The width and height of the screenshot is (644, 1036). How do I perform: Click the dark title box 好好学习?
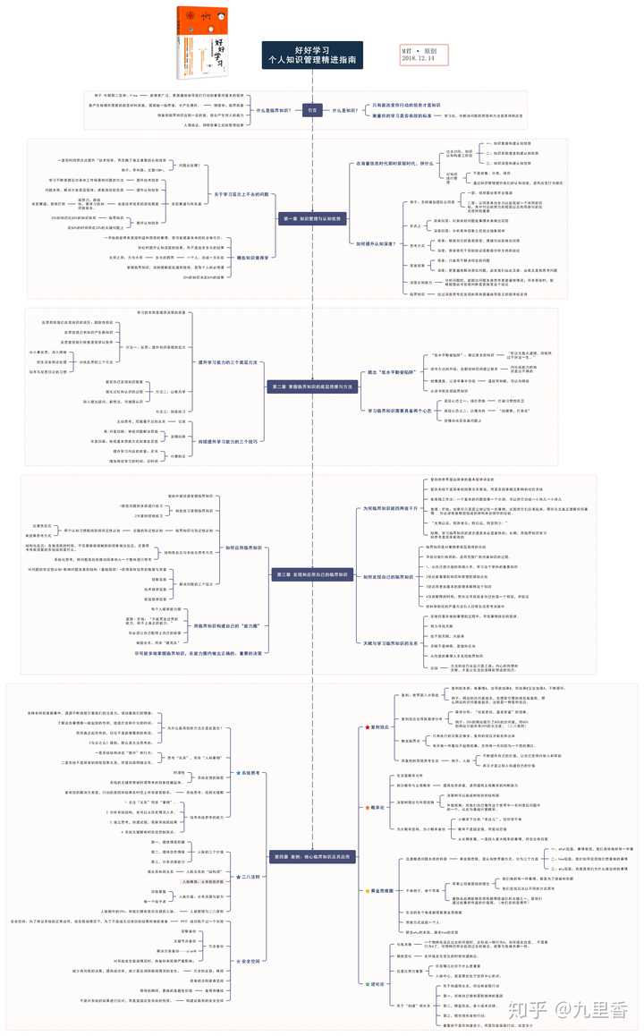[312, 55]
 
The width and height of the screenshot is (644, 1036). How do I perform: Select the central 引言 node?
[312, 110]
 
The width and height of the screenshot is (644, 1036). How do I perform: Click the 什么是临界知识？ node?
[273, 110]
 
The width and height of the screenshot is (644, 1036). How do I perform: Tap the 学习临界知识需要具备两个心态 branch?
[391, 410]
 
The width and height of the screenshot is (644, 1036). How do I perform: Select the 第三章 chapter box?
[312, 573]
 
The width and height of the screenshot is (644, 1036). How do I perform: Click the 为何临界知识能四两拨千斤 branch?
[389, 507]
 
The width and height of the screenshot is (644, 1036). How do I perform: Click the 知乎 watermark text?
[527, 1009]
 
